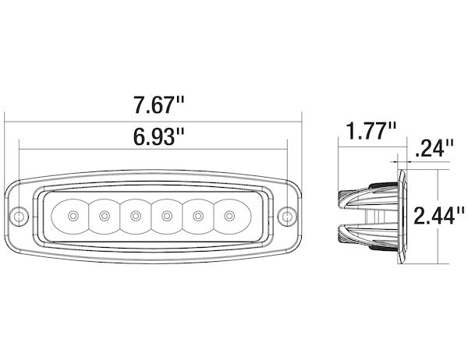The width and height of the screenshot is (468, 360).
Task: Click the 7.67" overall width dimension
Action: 158,104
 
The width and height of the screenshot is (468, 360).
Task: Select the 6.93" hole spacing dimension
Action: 158,136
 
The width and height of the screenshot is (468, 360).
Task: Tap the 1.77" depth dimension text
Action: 371,130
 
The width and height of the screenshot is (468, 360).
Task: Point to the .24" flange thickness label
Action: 434,147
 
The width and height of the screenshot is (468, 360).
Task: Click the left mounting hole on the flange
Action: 19,216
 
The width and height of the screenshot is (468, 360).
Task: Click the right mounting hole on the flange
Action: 287,216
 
